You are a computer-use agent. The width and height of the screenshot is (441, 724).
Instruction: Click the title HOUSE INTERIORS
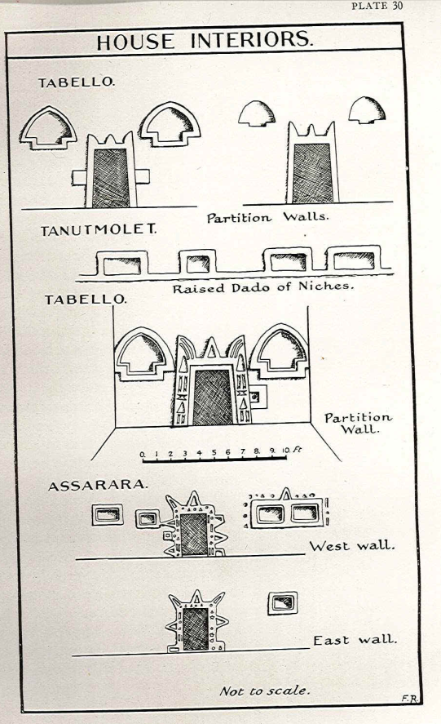205,41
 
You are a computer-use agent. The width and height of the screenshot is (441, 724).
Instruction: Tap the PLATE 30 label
377,6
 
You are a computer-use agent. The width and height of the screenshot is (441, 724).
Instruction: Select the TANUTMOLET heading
99,229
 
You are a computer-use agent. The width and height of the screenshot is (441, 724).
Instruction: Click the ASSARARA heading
98,486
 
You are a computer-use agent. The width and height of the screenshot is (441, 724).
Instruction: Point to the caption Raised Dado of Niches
263,287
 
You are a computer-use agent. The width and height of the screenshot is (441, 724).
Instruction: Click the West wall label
352,546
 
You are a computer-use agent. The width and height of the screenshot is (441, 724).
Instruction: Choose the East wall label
355,640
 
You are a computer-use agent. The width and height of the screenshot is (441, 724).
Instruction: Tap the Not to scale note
264,691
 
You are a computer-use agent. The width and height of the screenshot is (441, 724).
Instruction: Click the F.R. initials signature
410,699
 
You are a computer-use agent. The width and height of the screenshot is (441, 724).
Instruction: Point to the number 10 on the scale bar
285,451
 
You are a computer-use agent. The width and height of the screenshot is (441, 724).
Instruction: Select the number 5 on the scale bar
214,452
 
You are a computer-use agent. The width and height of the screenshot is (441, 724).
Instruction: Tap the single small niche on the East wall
282,603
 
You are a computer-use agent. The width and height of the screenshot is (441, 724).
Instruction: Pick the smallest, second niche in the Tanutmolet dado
197,263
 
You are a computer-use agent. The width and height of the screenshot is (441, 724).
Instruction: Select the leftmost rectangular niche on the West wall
108,514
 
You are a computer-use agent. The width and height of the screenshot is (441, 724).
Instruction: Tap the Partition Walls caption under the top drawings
268,217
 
